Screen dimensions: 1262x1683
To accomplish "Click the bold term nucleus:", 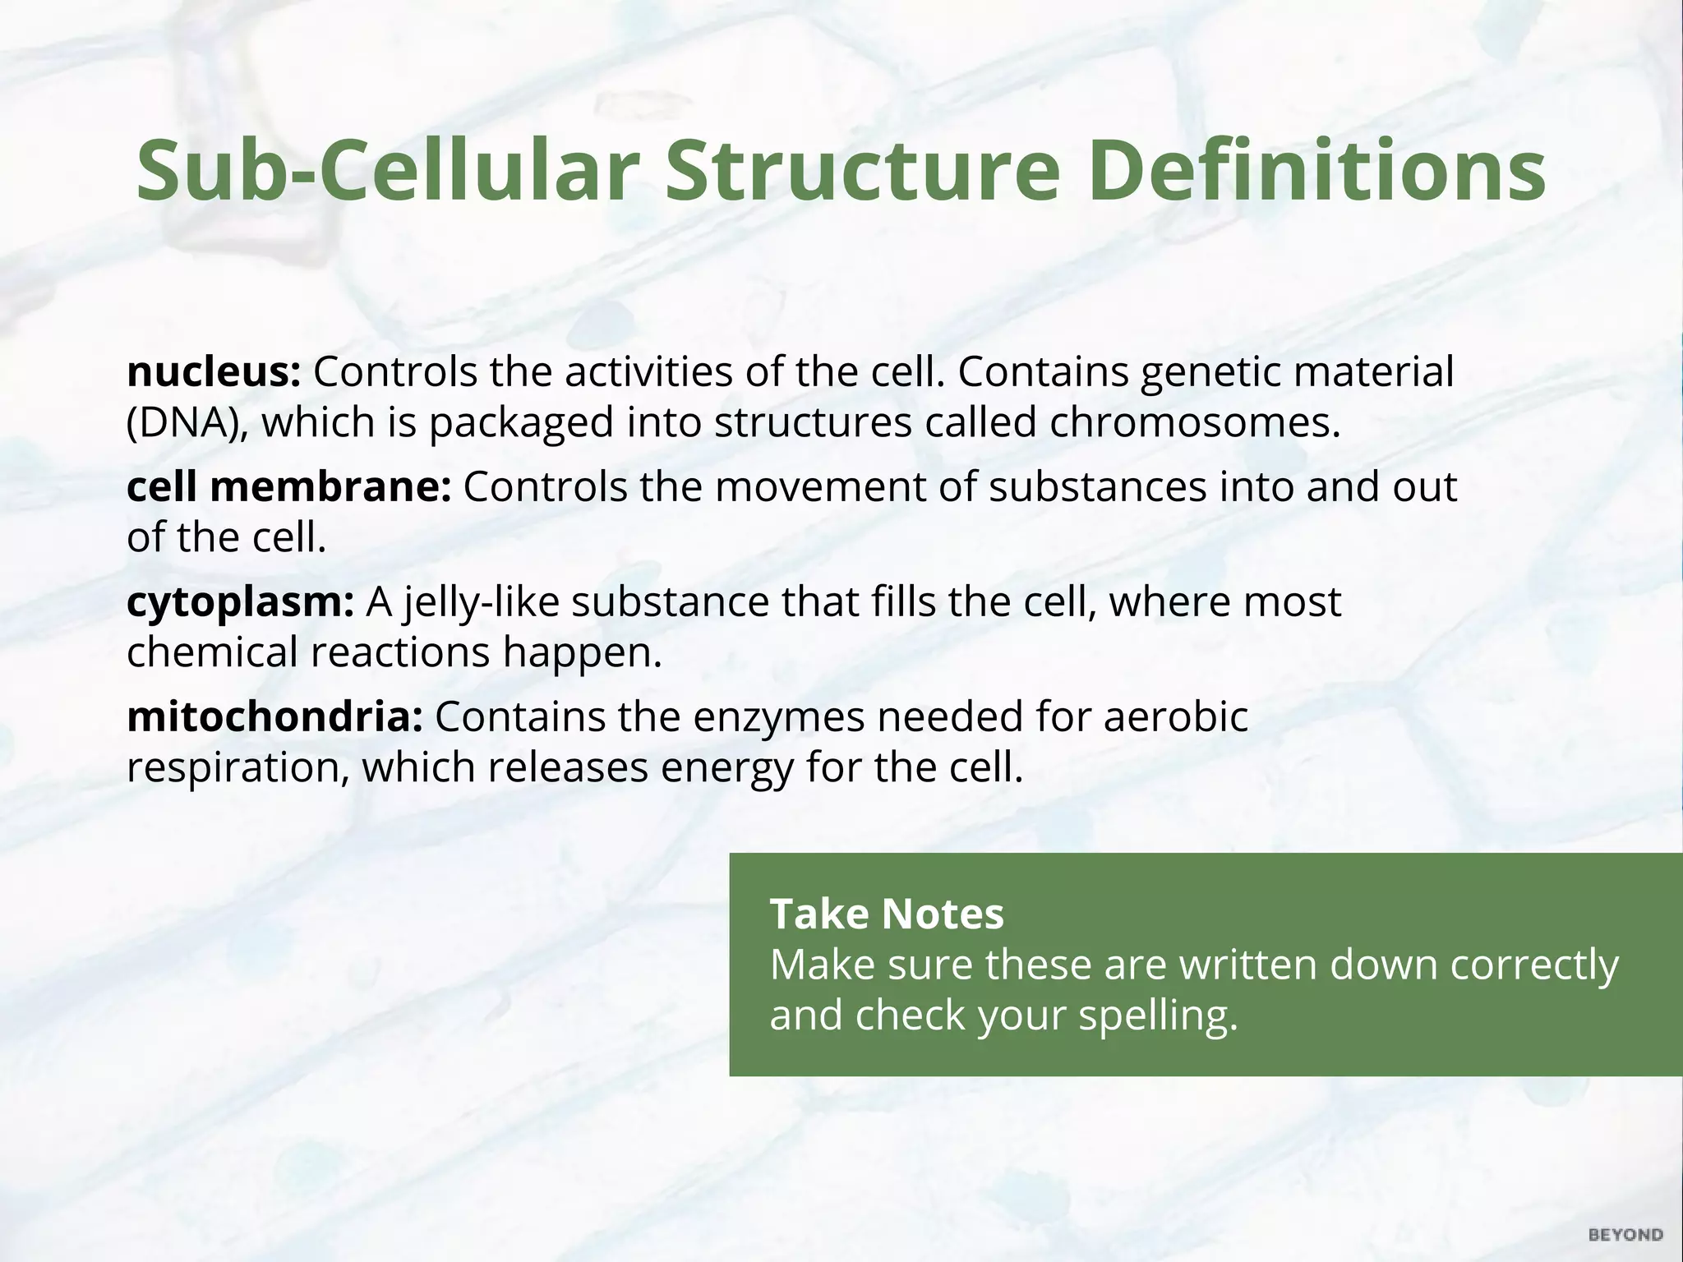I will (214, 372).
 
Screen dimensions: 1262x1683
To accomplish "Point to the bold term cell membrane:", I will (288, 486).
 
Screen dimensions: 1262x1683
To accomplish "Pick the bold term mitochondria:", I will (274, 716).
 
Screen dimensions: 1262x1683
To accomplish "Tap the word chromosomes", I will (1194, 423).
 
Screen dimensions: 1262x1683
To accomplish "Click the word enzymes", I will (779, 716).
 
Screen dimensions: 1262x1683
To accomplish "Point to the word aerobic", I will (1175, 716).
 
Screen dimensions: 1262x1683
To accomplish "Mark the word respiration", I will (237, 768).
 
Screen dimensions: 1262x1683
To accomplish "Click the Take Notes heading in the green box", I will (887, 914).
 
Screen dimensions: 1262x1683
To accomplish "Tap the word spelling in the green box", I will (1158, 1016).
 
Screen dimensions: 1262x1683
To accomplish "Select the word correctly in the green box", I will (1534, 965).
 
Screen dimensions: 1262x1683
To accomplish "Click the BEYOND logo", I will (1625, 1235).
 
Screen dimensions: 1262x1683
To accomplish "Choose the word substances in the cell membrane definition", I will (1098, 486).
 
